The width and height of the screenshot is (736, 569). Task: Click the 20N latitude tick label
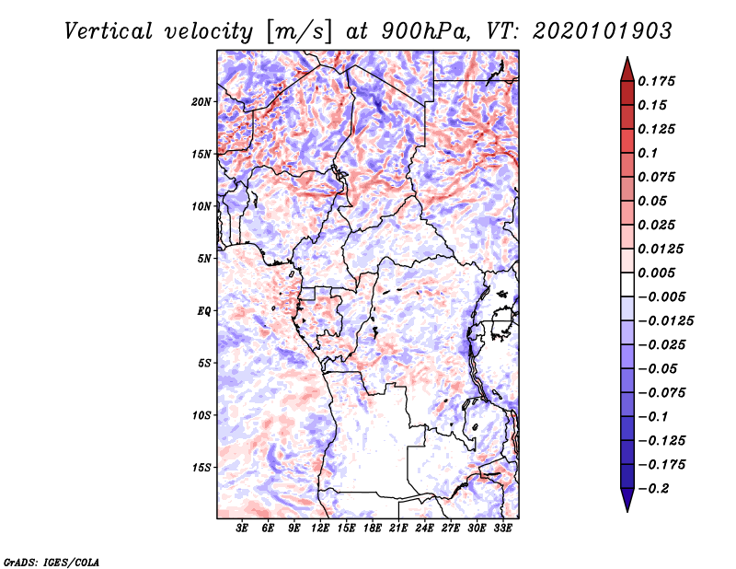tap(201, 102)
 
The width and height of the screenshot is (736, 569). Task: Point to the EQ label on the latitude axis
tap(203, 311)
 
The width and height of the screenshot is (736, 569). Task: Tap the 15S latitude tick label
tap(201, 468)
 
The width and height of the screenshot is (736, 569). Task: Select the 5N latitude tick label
tap(204, 259)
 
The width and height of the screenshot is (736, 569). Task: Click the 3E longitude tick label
tap(242, 528)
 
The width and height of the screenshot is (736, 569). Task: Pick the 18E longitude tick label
tap(373, 528)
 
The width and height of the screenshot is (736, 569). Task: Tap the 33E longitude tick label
tap(502, 528)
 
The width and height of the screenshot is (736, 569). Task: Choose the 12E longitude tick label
tap(320, 528)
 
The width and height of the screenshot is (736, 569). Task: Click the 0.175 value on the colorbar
tap(656, 81)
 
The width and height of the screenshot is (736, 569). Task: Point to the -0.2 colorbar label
tap(653, 489)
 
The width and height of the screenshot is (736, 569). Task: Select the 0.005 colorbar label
tap(656, 273)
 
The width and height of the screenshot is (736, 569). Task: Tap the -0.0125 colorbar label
tap(665, 321)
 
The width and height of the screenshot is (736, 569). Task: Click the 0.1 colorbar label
tap(648, 153)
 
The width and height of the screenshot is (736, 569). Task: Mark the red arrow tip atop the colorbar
tap(627, 58)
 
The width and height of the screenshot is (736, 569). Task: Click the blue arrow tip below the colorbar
tap(627, 511)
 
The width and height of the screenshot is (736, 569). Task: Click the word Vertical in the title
tap(109, 31)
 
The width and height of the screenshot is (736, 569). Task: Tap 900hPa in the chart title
tap(425, 31)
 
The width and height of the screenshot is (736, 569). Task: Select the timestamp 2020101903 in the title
tap(603, 31)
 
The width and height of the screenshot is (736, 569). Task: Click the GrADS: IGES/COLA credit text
tap(52, 563)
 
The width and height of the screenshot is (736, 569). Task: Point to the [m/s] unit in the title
tap(298, 32)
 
